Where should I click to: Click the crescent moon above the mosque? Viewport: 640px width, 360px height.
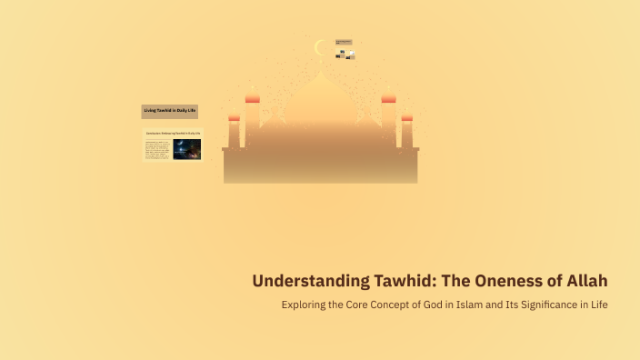[318, 48]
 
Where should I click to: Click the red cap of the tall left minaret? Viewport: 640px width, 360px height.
[253, 98]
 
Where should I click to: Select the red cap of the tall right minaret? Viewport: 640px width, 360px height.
[388, 98]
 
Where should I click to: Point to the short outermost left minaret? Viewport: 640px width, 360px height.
[234, 132]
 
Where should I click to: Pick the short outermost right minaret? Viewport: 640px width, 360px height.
[406, 132]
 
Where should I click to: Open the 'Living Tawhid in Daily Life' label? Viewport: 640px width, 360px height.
[169, 111]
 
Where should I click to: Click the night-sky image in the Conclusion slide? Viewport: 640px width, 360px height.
[187, 148]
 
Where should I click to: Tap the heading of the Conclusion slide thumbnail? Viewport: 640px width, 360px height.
[173, 134]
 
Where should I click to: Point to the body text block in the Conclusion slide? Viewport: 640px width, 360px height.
[157, 150]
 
